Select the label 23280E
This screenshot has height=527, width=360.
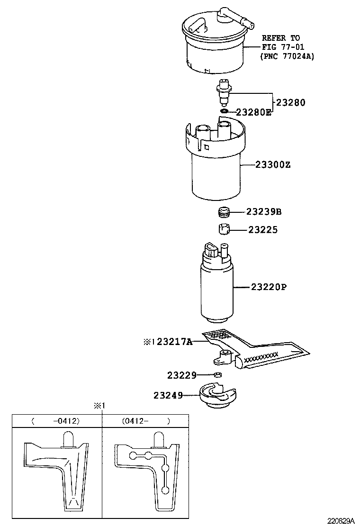(254, 112)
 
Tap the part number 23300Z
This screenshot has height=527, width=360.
(272, 165)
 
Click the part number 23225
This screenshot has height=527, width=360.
(263, 230)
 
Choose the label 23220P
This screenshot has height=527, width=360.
(269, 287)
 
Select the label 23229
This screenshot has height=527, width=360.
(181, 375)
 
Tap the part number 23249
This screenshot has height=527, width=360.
(168, 394)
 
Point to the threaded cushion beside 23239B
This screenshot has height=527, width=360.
(224, 212)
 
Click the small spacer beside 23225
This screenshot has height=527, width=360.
(224, 230)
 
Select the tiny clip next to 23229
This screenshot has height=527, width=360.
(218, 375)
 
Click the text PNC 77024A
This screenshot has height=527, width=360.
(287, 56)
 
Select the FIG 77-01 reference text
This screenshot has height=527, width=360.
(283, 46)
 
